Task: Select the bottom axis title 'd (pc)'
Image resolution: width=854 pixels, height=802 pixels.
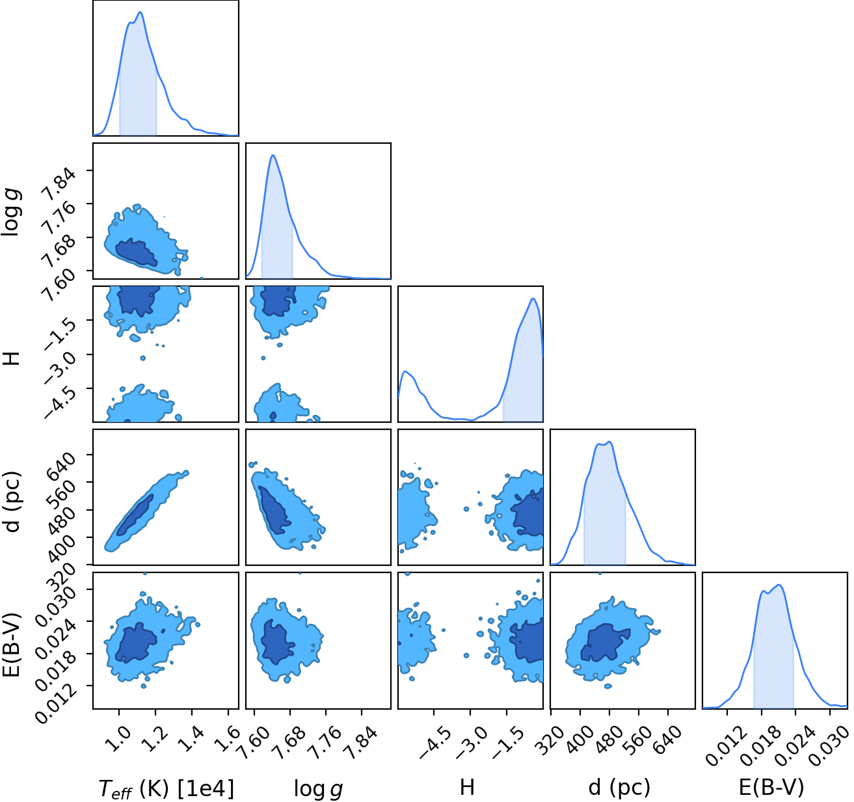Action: pos(619,787)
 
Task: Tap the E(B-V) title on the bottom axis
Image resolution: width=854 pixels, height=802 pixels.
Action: pos(771,787)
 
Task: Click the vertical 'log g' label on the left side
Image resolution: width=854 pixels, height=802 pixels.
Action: pos(12,213)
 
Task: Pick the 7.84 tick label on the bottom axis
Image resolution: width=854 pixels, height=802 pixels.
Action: pos(361,739)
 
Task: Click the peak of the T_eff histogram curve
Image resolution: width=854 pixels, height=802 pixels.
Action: pos(140,12)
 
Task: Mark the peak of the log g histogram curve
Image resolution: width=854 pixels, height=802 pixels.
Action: pos(273,155)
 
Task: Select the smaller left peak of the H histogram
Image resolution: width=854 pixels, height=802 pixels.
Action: pos(405,371)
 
